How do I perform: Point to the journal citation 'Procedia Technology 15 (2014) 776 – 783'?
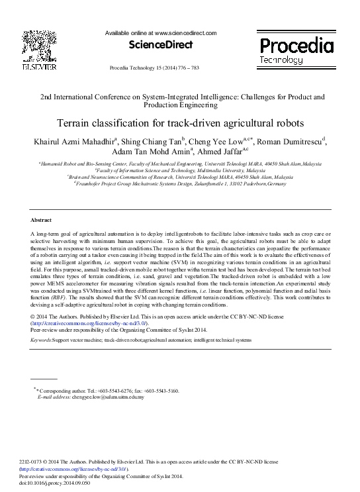click(x=153, y=68)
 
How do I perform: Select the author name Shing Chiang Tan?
click(x=153, y=141)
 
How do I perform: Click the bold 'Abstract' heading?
click(x=41, y=219)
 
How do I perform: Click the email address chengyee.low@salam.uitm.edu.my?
click(x=112, y=397)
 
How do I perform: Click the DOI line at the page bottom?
click(x=54, y=483)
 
